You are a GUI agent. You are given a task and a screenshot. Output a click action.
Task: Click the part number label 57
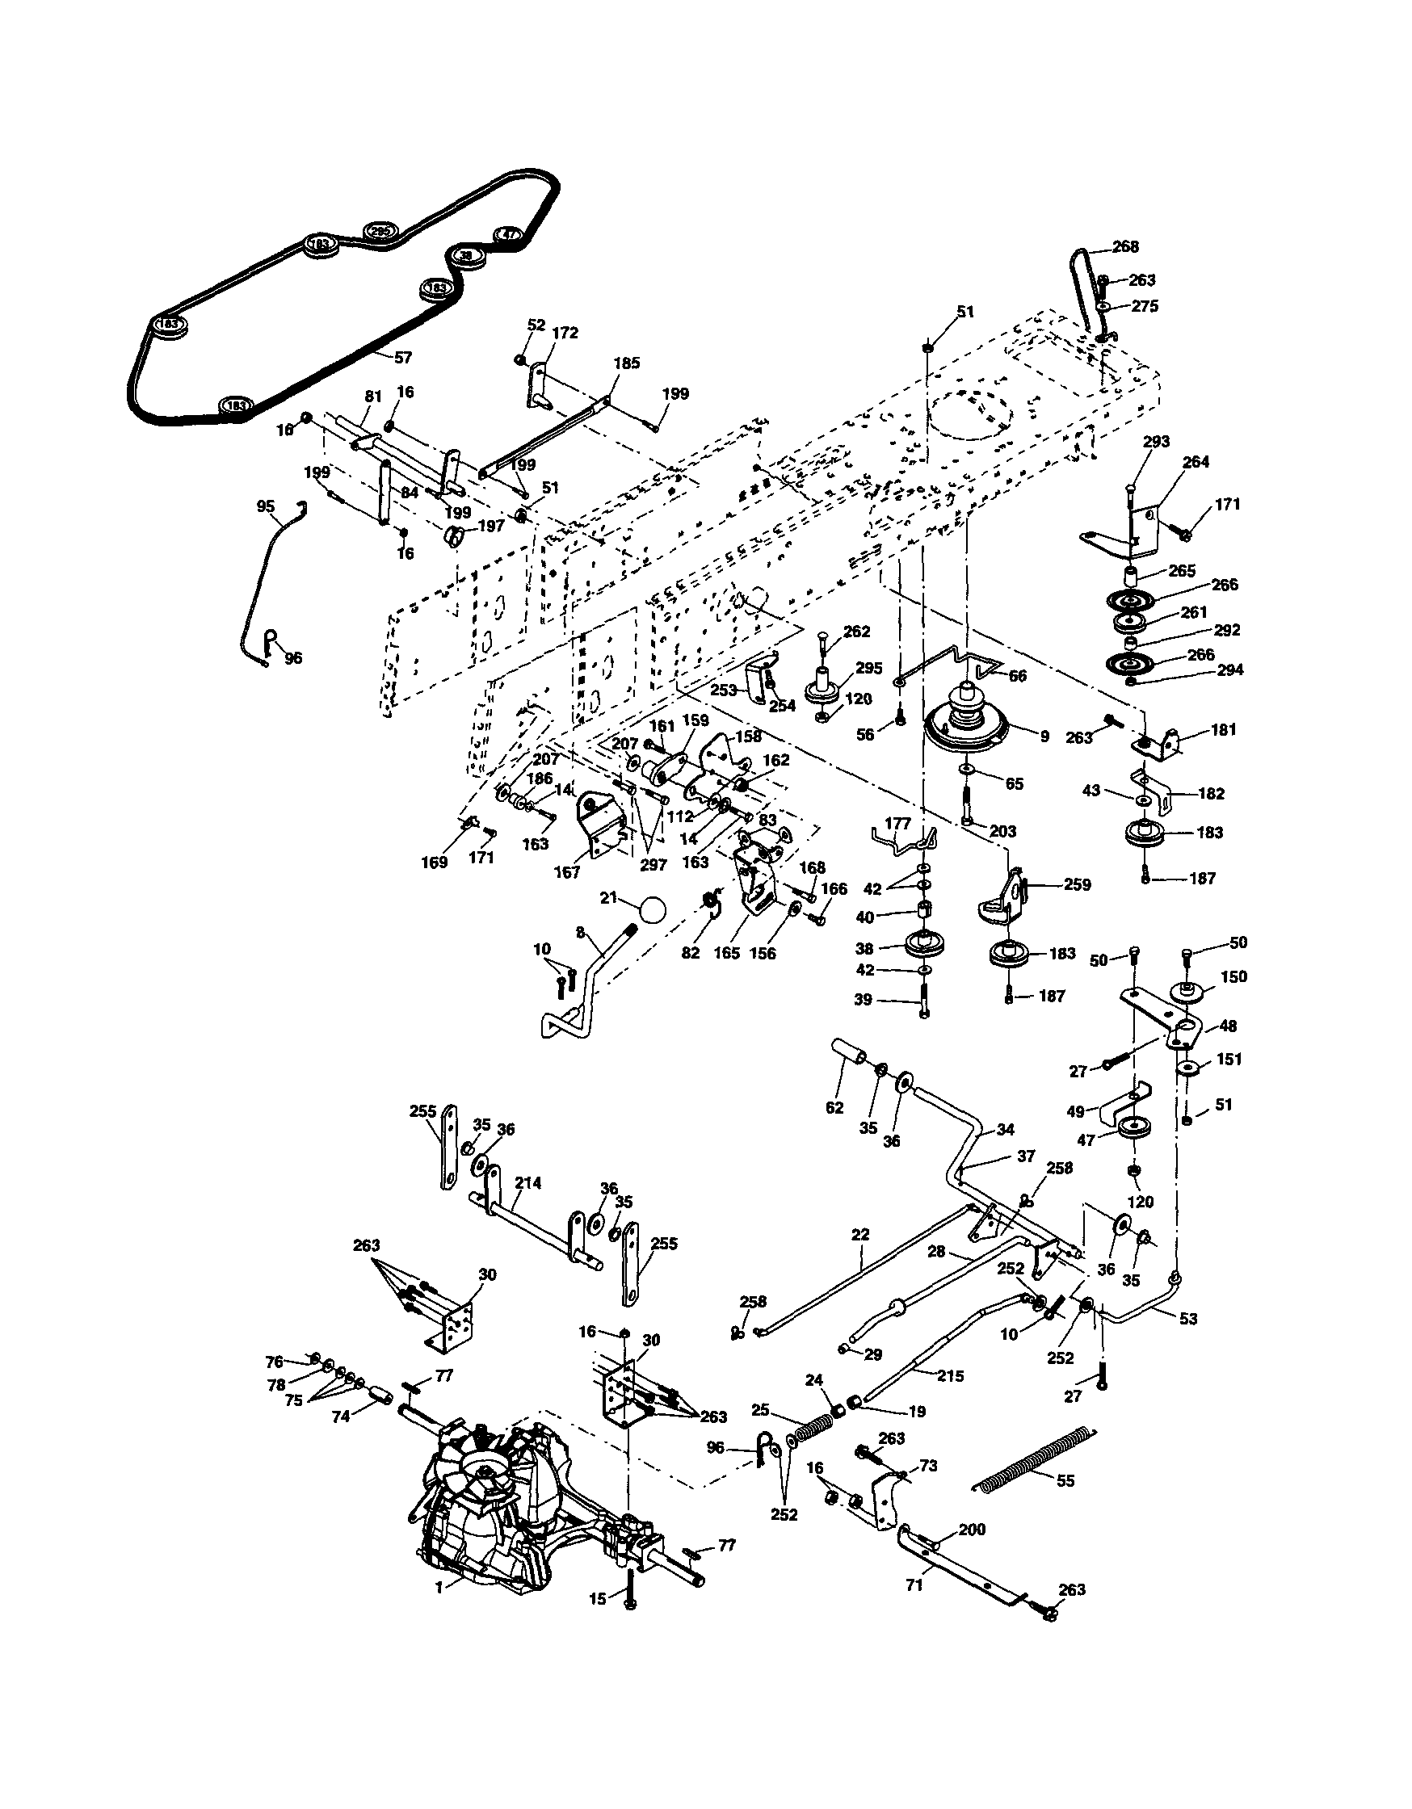click(x=403, y=358)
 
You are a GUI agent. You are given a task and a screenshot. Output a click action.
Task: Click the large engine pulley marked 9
click(x=966, y=724)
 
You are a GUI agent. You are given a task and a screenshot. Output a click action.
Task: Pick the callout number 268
click(x=1125, y=246)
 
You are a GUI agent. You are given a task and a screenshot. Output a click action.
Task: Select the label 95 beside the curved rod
click(x=265, y=506)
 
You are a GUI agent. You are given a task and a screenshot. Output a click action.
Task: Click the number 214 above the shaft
click(x=527, y=1184)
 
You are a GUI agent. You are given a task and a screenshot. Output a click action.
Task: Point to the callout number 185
click(x=627, y=363)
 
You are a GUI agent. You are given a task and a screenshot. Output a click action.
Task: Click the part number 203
click(x=1002, y=831)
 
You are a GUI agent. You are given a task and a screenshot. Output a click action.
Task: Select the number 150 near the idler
click(x=1233, y=977)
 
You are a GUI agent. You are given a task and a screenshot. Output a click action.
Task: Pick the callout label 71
click(x=914, y=1584)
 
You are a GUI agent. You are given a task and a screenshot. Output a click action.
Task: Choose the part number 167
click(x=568, y=872)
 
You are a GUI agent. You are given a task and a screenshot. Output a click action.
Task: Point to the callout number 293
click(x=1156, y=442)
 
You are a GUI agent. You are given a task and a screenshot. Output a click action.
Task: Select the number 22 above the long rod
click(x=860, y=1234)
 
